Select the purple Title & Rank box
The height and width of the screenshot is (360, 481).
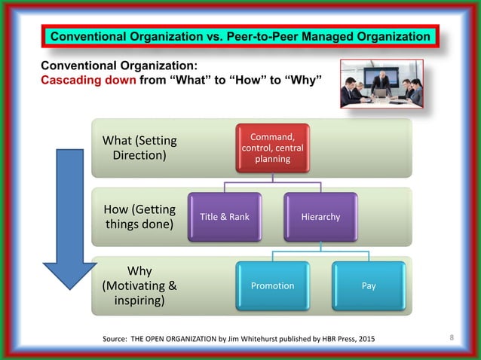225,217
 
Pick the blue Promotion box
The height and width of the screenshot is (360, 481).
272,285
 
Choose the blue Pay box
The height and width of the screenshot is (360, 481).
369,285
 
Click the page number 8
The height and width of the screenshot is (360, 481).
451,337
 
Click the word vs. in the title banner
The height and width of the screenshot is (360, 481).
199,36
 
